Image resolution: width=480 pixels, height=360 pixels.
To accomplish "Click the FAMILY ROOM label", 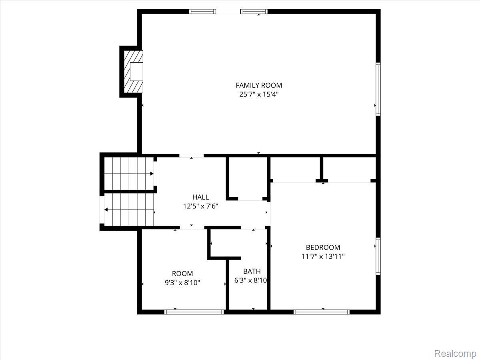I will point(258,85).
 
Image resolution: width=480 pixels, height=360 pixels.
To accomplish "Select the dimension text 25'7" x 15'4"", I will point(258,94).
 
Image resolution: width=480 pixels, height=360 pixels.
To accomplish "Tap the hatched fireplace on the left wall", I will point(133,72).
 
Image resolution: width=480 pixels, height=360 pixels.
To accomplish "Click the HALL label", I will point(200,197).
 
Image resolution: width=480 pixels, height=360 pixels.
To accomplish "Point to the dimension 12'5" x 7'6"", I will point(200,206).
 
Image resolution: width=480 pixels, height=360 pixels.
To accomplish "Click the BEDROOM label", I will point(323,247).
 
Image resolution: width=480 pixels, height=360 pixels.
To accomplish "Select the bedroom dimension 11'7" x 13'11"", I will point(323,256).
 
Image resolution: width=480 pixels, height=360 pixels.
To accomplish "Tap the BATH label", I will point(252,271).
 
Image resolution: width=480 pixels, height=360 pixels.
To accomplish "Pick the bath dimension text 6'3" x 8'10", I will point(251,280).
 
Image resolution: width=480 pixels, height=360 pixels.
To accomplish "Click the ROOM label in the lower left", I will point(182,274).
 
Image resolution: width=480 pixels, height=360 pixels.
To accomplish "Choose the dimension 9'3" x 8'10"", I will point(182,283).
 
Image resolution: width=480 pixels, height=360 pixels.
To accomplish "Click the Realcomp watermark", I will point(455,354).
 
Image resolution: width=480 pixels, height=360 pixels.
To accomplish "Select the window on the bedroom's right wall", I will point(378,256).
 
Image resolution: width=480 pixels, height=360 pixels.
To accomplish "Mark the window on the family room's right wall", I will point(378,89).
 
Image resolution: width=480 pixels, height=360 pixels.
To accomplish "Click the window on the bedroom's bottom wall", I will point(322,312).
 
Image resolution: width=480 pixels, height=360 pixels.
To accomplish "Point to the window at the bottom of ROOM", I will point(194,312).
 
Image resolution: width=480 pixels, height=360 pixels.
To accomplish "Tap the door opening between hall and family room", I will point(191,155).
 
